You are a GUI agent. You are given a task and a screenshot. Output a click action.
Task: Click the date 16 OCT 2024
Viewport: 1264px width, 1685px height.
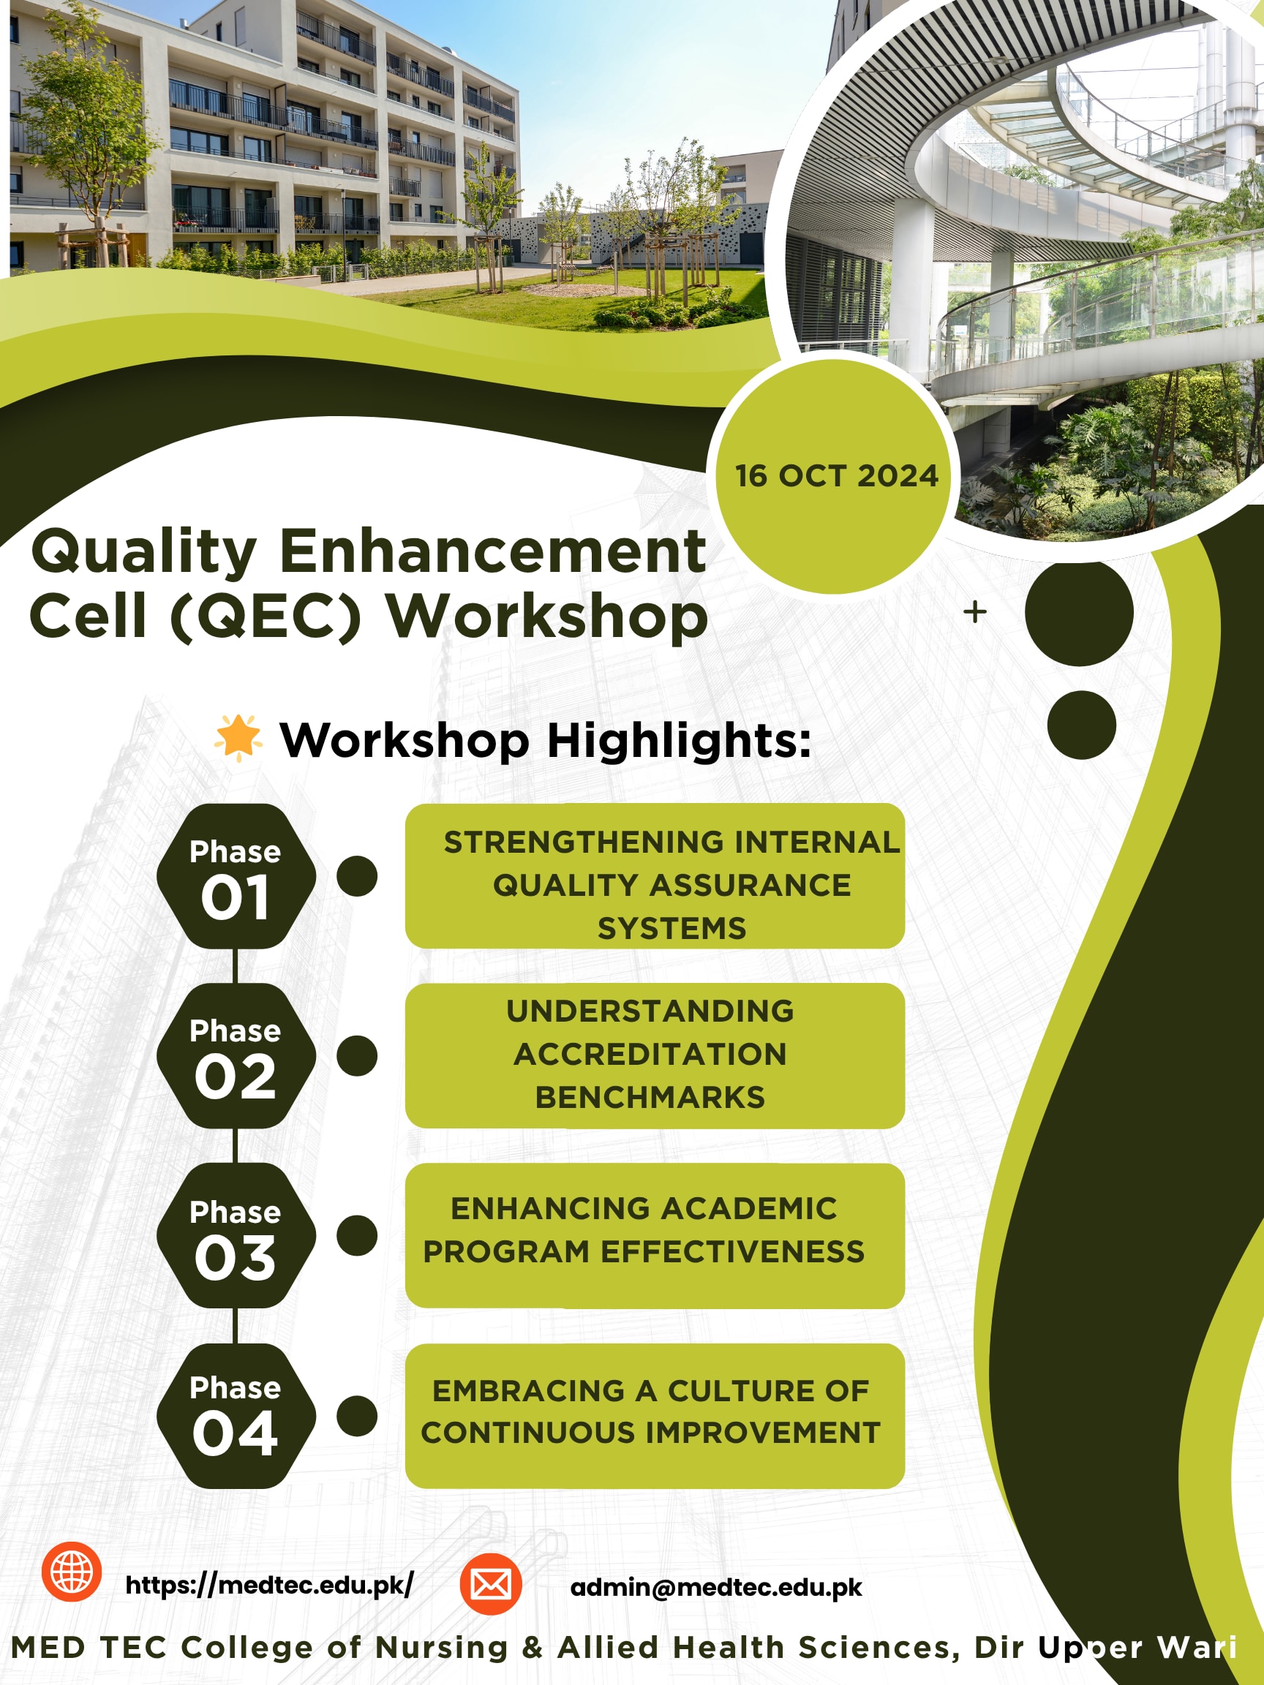[836, 475]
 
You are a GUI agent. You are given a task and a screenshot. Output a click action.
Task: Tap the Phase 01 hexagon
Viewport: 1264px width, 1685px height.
[236, 876]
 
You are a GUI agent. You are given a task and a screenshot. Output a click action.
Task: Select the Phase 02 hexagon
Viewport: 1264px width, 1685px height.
[236, 1056]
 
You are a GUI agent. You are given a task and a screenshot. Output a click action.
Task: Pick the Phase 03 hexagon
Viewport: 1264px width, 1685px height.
[236, 1235]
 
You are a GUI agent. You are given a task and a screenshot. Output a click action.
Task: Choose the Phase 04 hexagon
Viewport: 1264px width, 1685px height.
[236, 1415]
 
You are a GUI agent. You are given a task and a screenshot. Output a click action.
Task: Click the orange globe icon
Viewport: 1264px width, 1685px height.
[72, 1572]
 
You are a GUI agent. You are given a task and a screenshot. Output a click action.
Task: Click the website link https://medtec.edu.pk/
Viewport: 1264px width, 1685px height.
[270, 1586]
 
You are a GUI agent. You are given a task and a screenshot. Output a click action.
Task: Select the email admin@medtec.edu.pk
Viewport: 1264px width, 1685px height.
[716, 1588]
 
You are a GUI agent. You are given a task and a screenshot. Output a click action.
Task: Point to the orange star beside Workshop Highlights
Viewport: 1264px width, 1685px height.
[238, 737]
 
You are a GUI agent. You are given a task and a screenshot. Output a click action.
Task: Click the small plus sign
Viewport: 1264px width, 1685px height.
[974, 611]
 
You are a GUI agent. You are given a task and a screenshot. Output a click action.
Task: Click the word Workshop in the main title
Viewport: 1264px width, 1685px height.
[547, 617]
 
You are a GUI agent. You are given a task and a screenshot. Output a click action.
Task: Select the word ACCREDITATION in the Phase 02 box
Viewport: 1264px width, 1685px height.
[650, 1055]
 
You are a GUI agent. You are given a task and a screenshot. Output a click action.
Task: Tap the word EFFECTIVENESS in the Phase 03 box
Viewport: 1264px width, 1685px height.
[733, 1251]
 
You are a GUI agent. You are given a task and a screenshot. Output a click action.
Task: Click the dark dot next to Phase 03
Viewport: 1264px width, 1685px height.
[356, 1235]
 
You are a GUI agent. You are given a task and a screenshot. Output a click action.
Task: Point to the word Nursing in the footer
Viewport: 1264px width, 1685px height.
[442, 1647]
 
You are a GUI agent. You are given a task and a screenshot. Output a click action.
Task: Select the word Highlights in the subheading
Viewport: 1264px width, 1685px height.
[680, 740]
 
